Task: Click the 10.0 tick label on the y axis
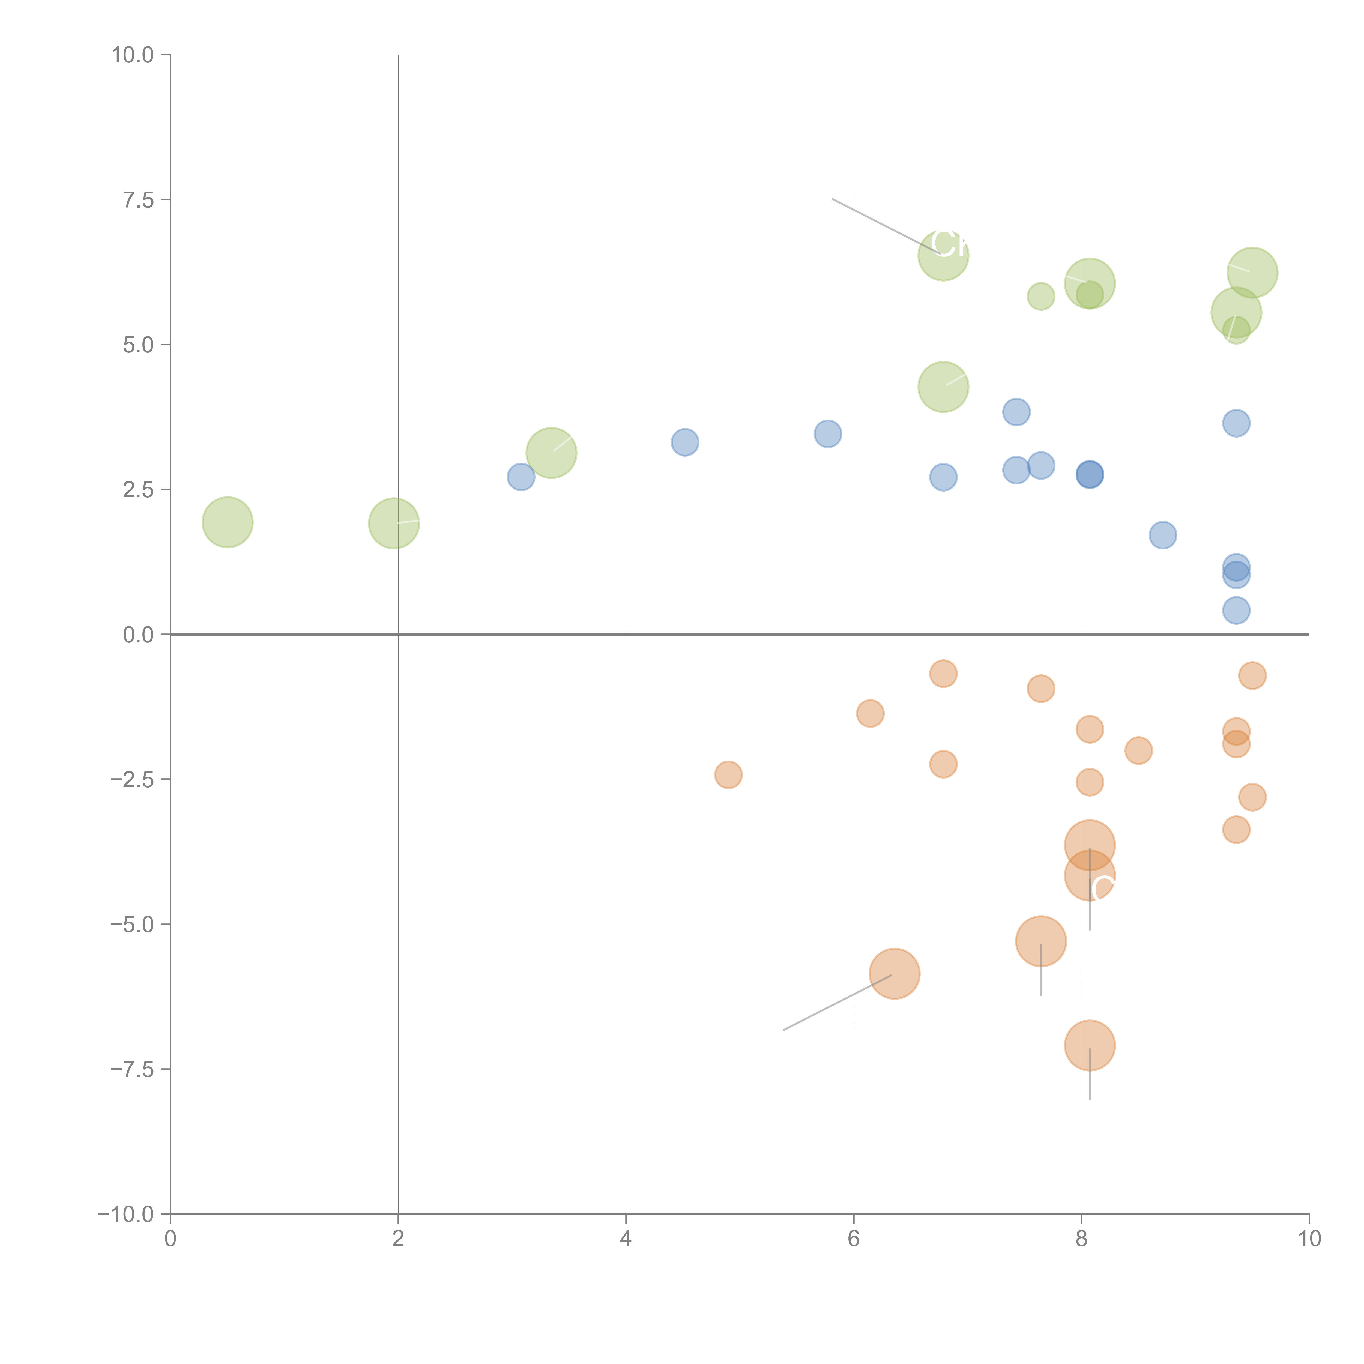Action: click(x=133, y=55)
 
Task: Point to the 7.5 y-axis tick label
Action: click(x=138, y=200)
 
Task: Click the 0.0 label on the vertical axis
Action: click(x=138, y=635)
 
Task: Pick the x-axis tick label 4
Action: click(x=626, y=1239)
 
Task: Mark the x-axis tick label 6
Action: click(x=854, y=1239)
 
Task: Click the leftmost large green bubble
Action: click(x=227, y=522)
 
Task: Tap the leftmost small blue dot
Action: click(x=521, y=477)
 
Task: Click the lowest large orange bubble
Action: click(x=1089, y=1046)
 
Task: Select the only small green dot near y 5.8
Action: click(x=1041, y=297)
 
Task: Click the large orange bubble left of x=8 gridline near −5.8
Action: click(x=895, y=974)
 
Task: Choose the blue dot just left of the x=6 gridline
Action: click(x=827, y=433)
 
